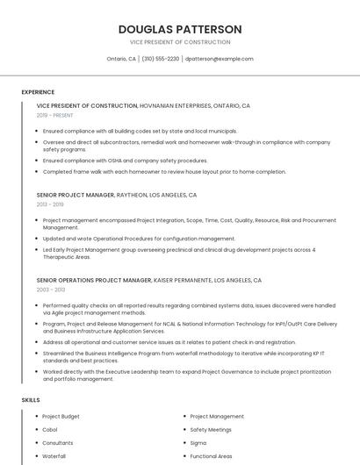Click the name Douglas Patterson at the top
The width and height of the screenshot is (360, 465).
tap(180, 29)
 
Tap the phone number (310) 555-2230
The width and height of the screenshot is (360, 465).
tap(161, 59)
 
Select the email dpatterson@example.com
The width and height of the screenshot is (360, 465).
tap(219, 59)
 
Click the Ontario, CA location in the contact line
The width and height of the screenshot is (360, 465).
tap(121, 59)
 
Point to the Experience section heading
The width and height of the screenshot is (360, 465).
tap(38, 92)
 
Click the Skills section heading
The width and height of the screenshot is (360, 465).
tap(31, 400)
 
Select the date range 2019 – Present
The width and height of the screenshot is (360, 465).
tap(56, 115)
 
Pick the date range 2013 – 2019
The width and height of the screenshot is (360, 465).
tap(50, 204)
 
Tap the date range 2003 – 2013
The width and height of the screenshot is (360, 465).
tap(51, 290)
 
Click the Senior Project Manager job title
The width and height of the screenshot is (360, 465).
tap(76, 195)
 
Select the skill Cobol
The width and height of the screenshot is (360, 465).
tap(51, 430)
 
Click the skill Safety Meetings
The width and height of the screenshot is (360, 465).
tap(211, 430)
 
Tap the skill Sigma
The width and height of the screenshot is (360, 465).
tap(198, 443)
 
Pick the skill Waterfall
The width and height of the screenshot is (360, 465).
tap(54, 456)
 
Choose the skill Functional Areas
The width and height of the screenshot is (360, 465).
tap(211, 456)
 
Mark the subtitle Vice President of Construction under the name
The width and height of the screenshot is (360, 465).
tap(180, 42)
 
